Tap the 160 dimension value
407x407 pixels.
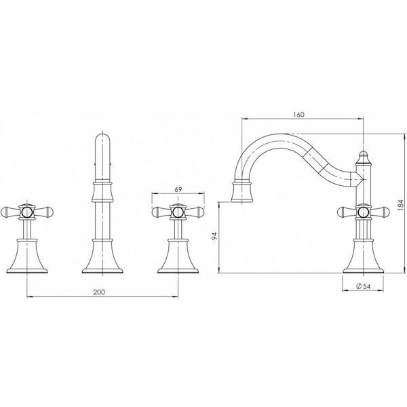tap(299, 114)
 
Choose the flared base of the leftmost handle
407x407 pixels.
tap(26, 261)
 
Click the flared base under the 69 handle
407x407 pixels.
tap(178, 261)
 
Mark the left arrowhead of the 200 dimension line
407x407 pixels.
tap(28, 297)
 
